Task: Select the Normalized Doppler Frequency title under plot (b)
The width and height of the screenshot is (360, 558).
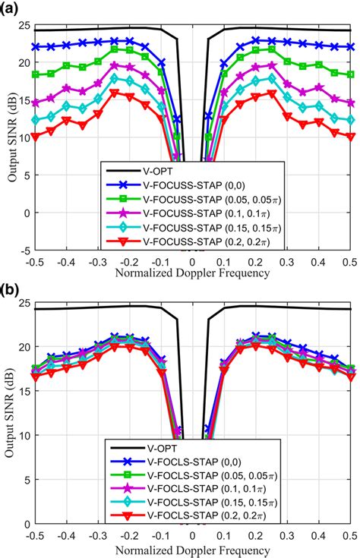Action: pos(194,548)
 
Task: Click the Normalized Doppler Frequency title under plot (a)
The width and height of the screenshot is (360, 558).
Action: pos(194,273)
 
